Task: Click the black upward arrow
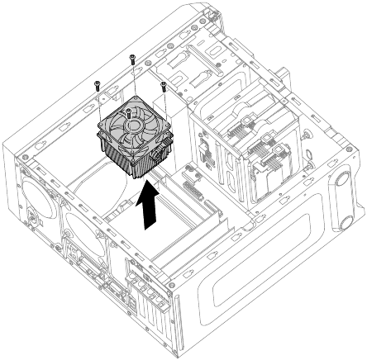tap(149, 211)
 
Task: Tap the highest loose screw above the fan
tap(132, 58)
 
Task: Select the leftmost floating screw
tap(98, 84)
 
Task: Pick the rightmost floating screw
tap(164, 84)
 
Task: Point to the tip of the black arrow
tap(149, 188)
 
